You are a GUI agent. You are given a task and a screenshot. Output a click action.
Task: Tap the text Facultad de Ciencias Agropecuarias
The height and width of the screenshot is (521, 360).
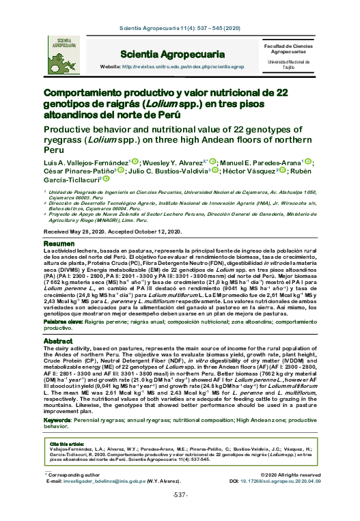tap(288, 48)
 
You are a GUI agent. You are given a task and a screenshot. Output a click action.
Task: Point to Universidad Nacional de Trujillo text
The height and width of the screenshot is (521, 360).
tap(288, 65)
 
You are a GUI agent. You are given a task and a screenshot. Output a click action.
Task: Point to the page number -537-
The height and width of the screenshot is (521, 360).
tap(180, 513)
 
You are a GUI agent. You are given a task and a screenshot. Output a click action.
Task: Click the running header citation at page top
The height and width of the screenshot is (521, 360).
tap(180, 30)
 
